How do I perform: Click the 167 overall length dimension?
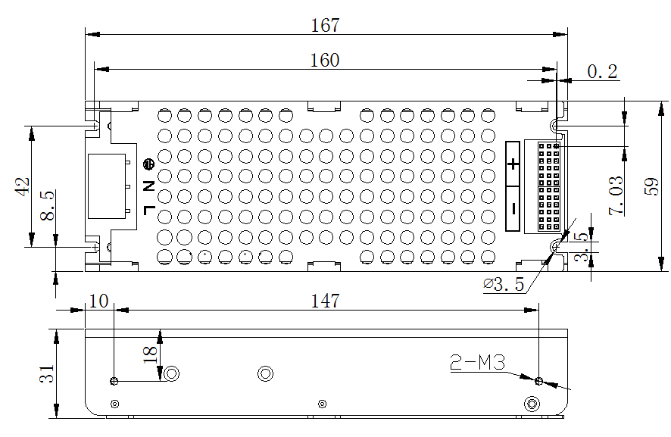[x=325, y=25]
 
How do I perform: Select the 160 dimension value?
[x=325, y=60]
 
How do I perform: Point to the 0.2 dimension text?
[x=602, y=72]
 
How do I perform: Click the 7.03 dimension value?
[x=616, y=196]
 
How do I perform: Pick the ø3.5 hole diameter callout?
[x=504, y=285]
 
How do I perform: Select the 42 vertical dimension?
[x=22, y=186]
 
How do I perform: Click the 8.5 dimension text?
[x=47, y=205]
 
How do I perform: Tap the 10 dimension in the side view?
[x=98, y=301]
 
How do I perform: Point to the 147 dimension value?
[x=325, y=301]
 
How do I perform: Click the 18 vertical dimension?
[x=149, y=353]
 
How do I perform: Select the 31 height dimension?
[x=47, y=374]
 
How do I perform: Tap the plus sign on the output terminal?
[x=513, y=164]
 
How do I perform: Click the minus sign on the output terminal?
[x=513, y=208]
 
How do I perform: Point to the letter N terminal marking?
[x=148, y=186]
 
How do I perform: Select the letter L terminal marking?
[x=148, y=209]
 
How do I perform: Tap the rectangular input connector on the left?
[x=106, y=186]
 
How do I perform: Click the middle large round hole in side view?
[x=265, y=373]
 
